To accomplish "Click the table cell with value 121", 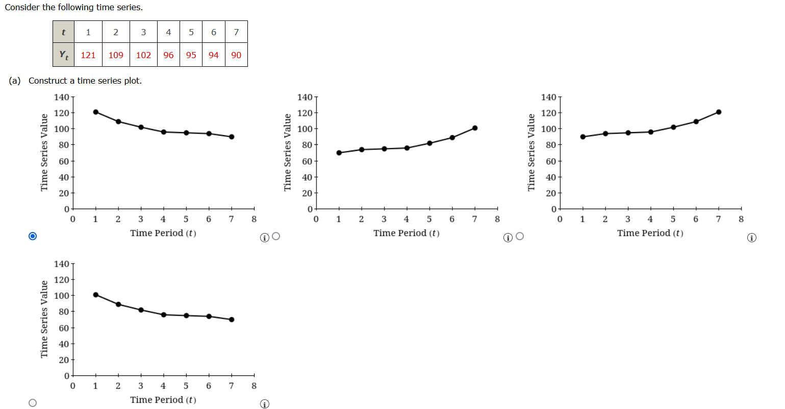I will (88, 55).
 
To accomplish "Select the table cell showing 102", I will (143, 55).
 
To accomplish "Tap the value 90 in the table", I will (236, 55).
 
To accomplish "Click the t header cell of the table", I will (63, 32).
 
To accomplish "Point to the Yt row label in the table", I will (63, 55).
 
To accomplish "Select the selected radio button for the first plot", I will (33, 236).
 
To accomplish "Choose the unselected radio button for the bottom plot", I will (33, 403).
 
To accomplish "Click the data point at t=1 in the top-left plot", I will (96, 112).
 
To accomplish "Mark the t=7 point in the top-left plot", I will (232, 137).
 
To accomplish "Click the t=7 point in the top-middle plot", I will (475, 128).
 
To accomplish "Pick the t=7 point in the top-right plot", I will (719, 112).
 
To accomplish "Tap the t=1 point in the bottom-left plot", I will (96, 295).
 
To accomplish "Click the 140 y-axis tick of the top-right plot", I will (548, 97).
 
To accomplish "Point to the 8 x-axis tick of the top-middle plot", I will (497, 219).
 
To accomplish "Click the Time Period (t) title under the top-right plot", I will (650, 233).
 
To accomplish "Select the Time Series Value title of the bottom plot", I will (44, 319).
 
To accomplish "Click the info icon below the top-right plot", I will (751, 238).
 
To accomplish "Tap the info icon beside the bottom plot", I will (264, 404).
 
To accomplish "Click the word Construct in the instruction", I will (47, 81).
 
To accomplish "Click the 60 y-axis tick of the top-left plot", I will (63, 161).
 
